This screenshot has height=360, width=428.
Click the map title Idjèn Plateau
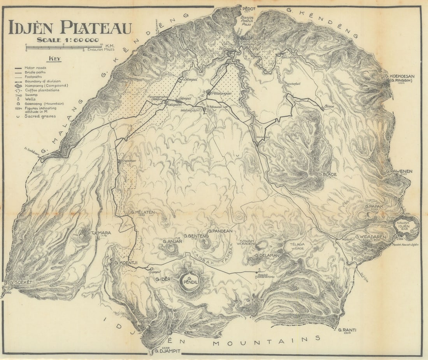click(70, 27)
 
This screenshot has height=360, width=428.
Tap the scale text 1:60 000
click(68, 40)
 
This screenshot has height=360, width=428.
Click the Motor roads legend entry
click(35, 68)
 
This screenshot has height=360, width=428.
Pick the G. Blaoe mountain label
click(327, 174)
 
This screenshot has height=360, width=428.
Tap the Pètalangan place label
click(222, 94)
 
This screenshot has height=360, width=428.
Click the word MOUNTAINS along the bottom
click(267, 341)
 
